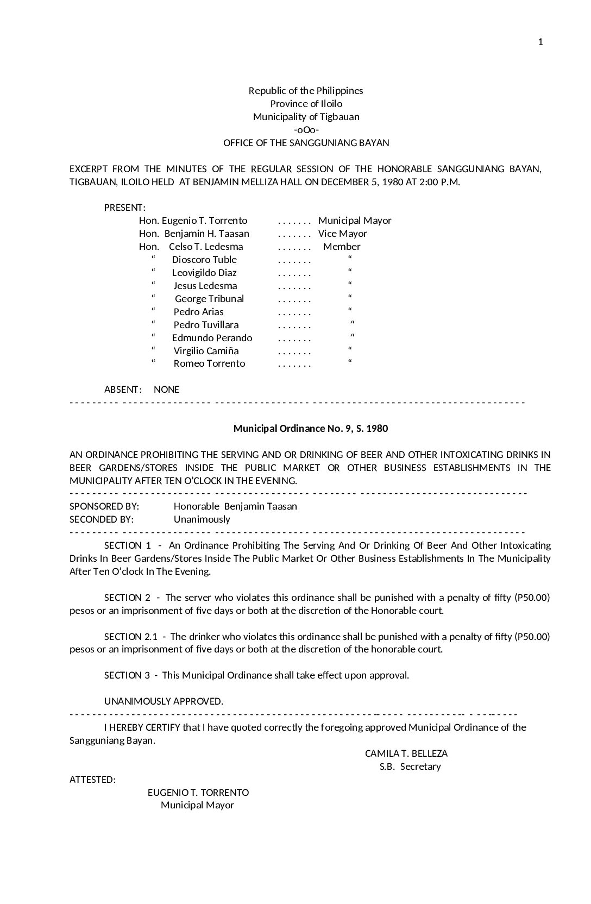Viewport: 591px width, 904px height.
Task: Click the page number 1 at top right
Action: tap(540, 42)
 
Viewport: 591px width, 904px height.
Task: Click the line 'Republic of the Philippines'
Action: tap(306, 91)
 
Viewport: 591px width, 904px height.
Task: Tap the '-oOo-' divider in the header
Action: tap(306, 130)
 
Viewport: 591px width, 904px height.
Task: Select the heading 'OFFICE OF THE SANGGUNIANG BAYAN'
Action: tap(306, 143)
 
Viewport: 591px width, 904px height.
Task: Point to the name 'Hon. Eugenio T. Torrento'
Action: tap(193, 221)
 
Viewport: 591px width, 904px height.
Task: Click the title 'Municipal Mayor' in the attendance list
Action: tap(355, 221)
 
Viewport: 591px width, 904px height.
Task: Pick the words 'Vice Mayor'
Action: tap(342, 234)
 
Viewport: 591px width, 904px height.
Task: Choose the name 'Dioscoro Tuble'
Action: tap(204, 260)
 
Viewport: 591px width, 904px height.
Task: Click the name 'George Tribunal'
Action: tap(209, 299)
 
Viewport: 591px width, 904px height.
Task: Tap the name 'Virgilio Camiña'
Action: tap(206, 351)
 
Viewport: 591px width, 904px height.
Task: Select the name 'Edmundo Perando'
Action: tap(212, 338)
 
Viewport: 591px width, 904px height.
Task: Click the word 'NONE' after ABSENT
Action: tap(166, 390)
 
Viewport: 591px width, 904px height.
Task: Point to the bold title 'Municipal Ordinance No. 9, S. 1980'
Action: tap(311, 429)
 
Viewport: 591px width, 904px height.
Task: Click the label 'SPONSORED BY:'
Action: tap(104, 506)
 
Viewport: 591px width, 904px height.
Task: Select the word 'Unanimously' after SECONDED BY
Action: tap(202, 519)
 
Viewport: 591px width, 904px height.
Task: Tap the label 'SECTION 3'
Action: tap(127, 675)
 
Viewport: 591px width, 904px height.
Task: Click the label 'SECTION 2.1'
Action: tap(130, 637)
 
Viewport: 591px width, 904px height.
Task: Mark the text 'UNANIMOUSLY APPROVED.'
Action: tap(164, 701)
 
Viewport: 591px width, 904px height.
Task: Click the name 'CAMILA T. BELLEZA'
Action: tap(406, 754)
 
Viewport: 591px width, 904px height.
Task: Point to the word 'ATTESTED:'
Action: tap(92, 780)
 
